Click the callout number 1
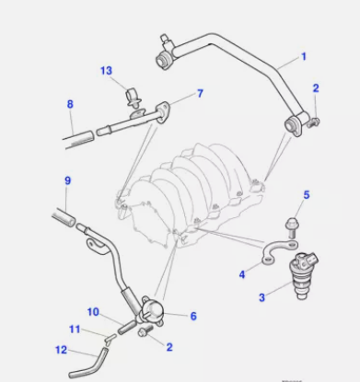[x=304, y=57]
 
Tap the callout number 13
[x=106, y=71]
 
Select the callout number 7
[x=200, y=93]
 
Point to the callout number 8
[x=70, y=104]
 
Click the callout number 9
[x=68, y=180]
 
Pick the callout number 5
[x=307, y=195]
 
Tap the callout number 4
[x=242, y=274]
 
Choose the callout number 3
[x=261, y=297]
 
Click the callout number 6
[x=193, y=316]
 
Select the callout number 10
[x=93, y=312]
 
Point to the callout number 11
[x=75, y=330]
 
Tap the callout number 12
[x=61, y=350]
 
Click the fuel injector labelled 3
[x=303, y=275]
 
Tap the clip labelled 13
[x=134, y=98]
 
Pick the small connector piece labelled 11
[x=110, y=339]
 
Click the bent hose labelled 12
[x=88, y=364]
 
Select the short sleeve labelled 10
[x=126, y=328]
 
